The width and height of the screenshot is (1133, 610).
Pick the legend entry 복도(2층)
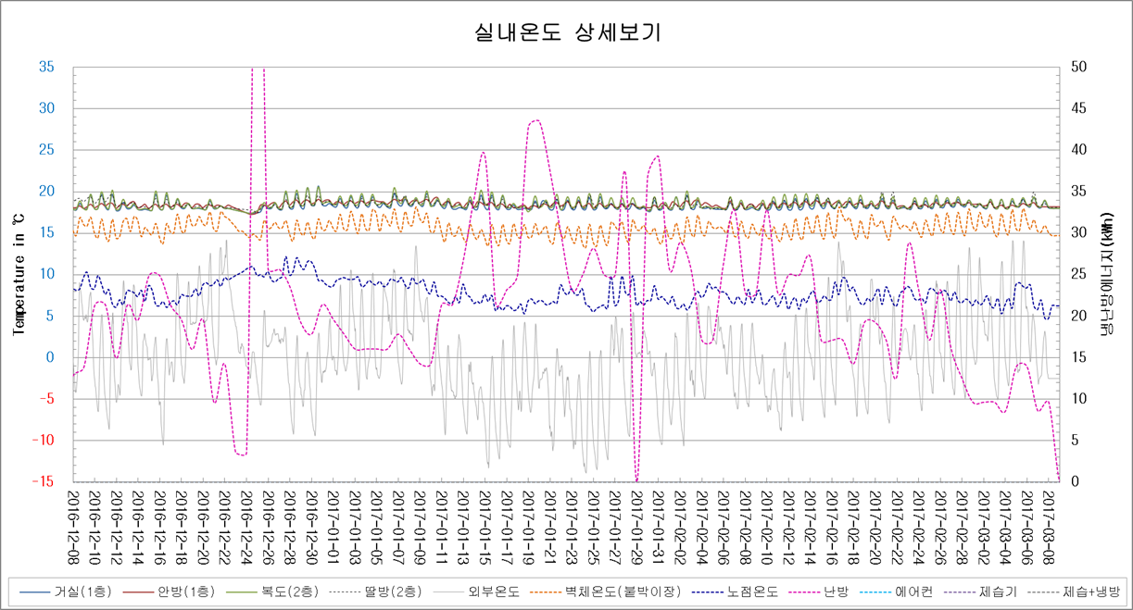271,591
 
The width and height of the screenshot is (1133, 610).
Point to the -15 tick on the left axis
43,481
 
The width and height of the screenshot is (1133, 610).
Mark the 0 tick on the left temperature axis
50,357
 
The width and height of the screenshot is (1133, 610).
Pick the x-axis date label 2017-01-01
334,521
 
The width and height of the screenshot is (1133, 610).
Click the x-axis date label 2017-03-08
1047,521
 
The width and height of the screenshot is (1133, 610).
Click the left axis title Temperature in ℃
18,274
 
